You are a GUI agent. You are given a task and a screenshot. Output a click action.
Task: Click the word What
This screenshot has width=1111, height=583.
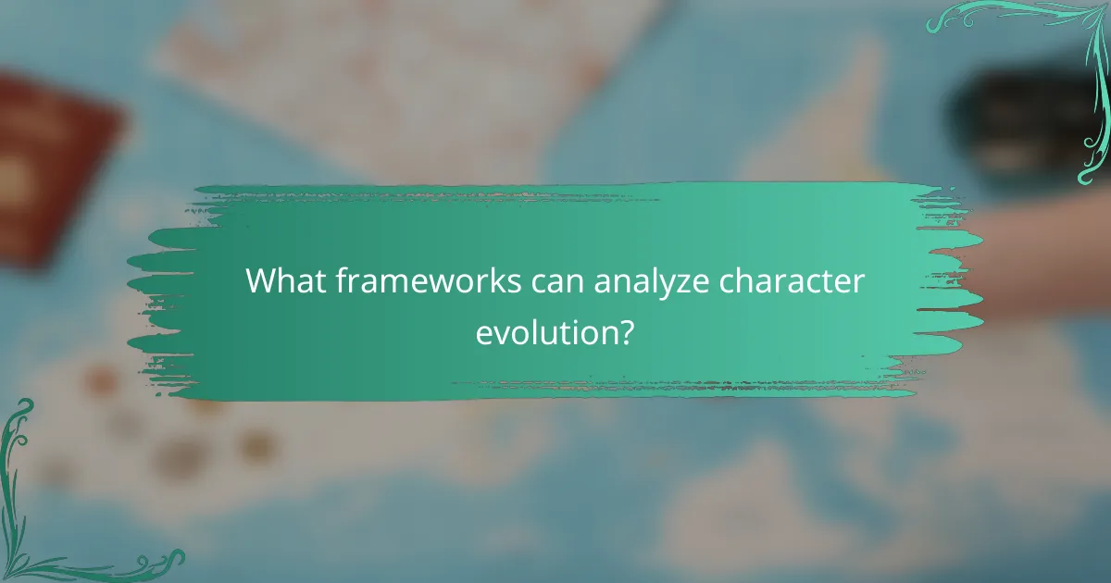click(282, 281)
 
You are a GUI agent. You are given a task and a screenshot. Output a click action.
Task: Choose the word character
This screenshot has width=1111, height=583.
click(801, 281)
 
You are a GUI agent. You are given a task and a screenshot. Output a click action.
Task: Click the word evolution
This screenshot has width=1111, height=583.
click(543, 331)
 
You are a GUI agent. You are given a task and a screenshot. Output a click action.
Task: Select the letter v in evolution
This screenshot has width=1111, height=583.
click(499, 333)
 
